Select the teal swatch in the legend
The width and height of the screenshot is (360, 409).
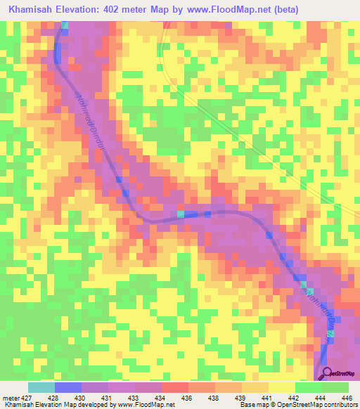[x=41, y=387]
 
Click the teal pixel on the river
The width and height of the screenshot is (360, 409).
[x=181, y=214]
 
